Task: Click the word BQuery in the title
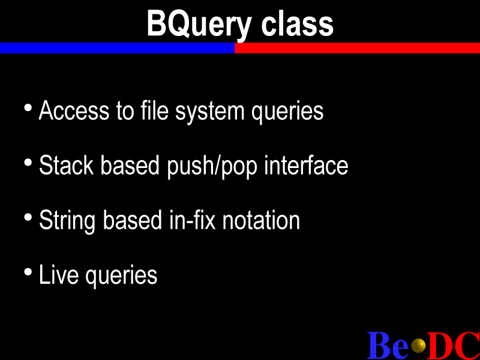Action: [x=199, y=25]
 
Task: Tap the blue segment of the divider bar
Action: [x=117, y=48]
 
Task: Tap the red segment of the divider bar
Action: [x=357, y=48]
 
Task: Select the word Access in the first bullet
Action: [x=74, y=110]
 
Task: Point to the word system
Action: [x=209, y=112]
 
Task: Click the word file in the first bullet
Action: [x=155, y=110]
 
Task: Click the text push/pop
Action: [x=212, y=166]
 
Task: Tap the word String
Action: [x=67, y=221]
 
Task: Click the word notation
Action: [x=261, y=220]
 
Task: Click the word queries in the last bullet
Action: [x=121, y=275]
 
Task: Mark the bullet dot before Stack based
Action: [x=28, y=162]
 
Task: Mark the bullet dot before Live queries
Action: [x=28, y=272]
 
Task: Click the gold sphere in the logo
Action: [x=418, y=346]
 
